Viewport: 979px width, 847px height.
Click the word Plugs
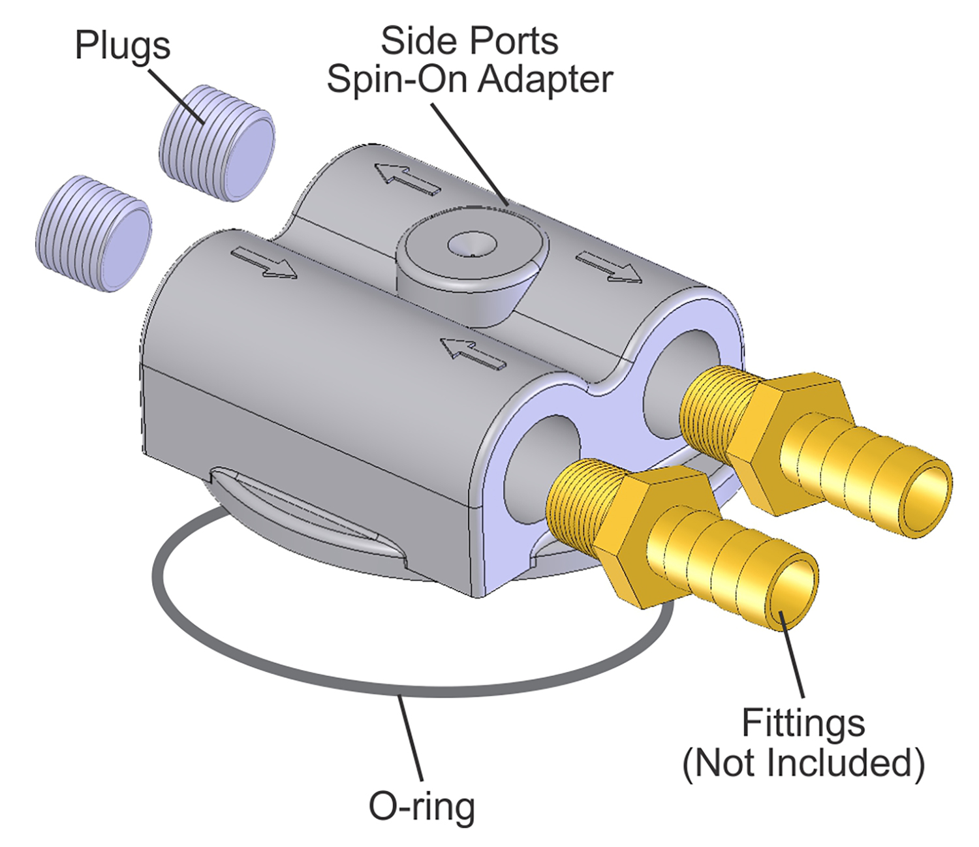123,46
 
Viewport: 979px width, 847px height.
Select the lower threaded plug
93,233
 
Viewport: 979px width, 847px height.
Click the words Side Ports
469,41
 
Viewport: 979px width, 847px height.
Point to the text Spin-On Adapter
469,80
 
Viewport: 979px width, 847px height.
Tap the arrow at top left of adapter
408,177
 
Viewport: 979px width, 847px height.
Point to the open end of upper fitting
925,499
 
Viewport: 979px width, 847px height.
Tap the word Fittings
803,723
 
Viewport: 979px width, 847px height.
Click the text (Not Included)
803,762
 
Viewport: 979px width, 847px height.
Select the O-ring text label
422,807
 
